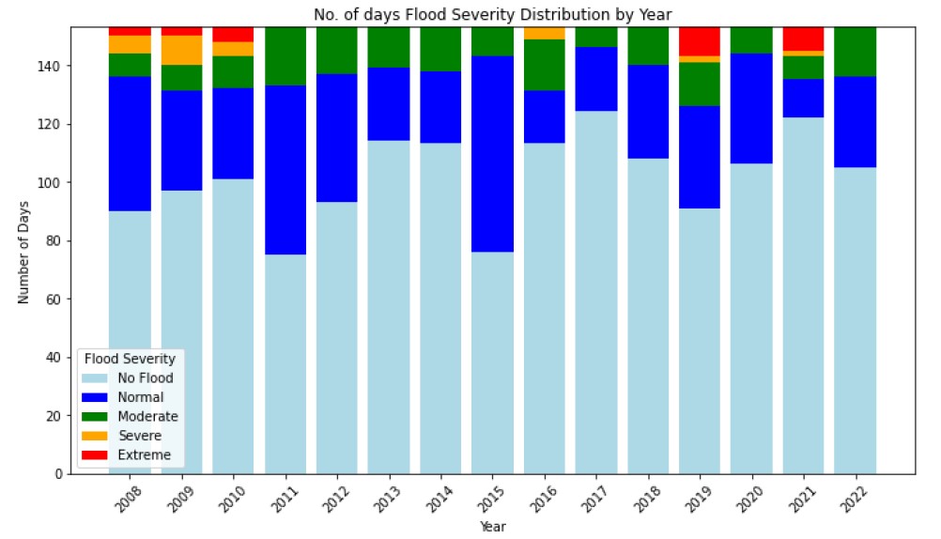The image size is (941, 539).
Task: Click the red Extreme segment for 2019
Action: click(700, 41)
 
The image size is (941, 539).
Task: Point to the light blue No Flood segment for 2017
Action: click(596, 292)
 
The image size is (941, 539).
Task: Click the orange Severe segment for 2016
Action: click(544, 33)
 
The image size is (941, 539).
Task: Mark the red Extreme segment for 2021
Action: click(803, 38)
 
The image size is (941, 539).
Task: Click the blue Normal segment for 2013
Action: click(389, 104)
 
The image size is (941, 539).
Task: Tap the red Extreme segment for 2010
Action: click(233, 35)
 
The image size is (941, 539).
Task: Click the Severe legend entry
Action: click(138, 436)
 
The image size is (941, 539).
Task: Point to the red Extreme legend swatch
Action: click(96, 455)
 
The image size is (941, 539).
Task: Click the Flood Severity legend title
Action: click(130, 358)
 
